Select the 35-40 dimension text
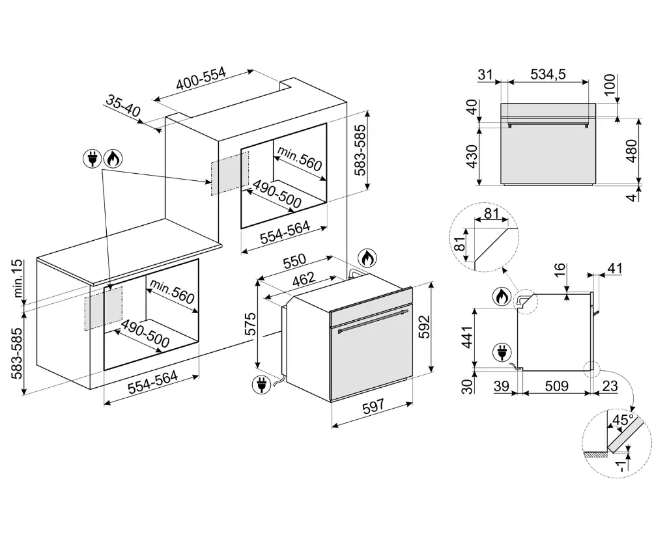(x=123, y=107)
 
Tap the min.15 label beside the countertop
(x=18, y=279)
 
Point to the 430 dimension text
(x=472, y=157)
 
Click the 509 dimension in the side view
(x=556, y=386)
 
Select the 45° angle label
(x=621, y=421)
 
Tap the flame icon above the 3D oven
(x=367, y=259)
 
